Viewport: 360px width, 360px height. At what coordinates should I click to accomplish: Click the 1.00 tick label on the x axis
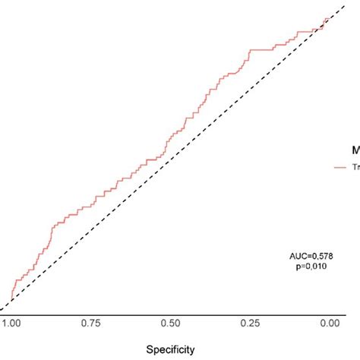[11, 323]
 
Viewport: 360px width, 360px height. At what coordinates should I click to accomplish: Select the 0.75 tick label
[91, 323]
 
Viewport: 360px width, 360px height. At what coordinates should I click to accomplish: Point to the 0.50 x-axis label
[171, 323]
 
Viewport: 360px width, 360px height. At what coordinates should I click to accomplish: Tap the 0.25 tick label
[250, 323]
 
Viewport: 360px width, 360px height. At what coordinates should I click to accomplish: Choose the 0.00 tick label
[329, 323]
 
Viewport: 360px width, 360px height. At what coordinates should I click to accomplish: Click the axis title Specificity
[170, 349]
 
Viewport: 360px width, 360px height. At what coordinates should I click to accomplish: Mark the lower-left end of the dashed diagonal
[2, 309]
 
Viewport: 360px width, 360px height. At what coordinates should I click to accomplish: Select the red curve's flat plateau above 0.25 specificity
[262, 49]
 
